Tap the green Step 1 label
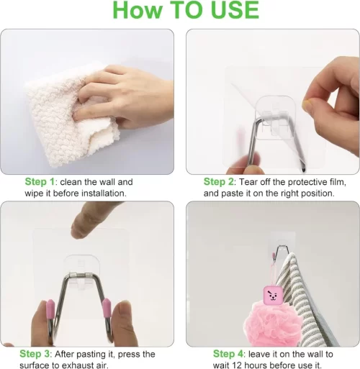coord(40,182)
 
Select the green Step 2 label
coord(218,182)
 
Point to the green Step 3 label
coord(35,354)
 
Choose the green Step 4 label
coord(228,354)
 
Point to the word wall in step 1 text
coord(107,182)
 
